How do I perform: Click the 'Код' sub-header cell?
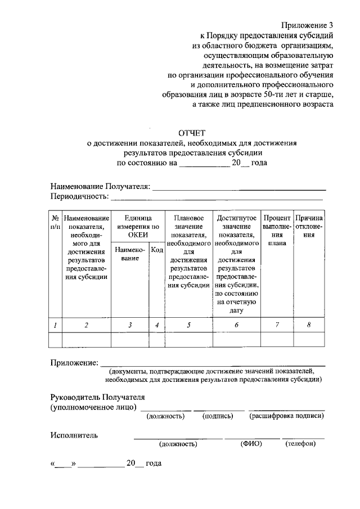[x=157, y=250]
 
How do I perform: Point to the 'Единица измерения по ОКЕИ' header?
[x=137, y=226]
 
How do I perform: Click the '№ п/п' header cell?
[x=55, y=222]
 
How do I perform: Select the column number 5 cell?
[x=188, y=325]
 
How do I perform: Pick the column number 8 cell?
[x=309, y=325]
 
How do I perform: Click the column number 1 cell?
[x=55, y=325]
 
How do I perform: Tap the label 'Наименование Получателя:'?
[x=100, y=186]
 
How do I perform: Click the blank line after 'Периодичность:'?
[x=217, y=199]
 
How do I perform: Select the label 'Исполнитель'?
[x=74, y=435]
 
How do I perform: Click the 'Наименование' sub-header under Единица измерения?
[x=130, y=254]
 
